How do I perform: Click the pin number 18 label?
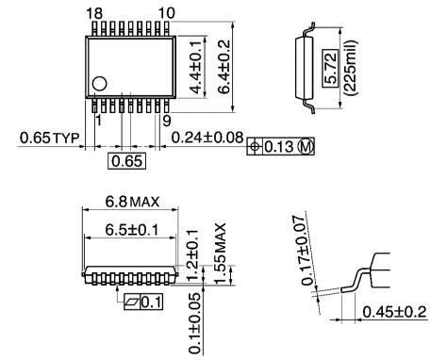tap(94, 12)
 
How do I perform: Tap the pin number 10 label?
tap(166, 12)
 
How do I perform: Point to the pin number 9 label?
tap(166, 121)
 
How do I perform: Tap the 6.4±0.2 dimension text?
tap(223, 62)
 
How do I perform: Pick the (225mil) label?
tap(350, 63)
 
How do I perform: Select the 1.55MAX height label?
tap(220, 248)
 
